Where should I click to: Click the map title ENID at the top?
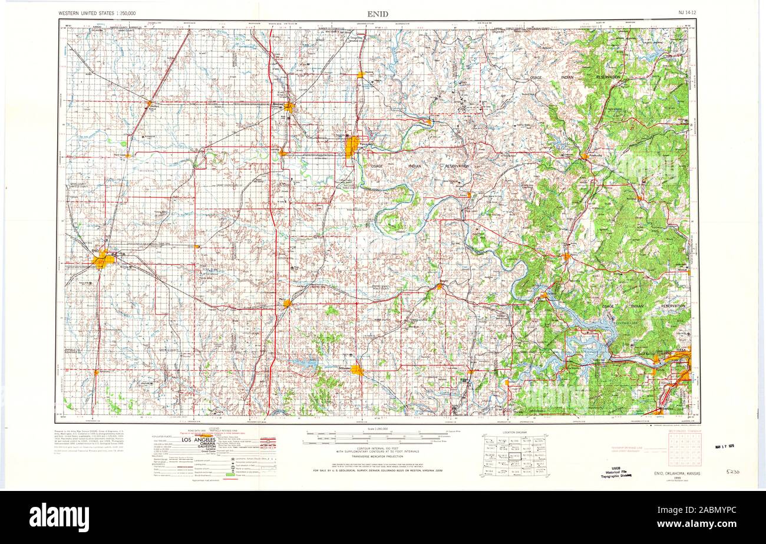pyautogui.click(x=377, y=13)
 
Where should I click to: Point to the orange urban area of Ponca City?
pyautogui.click(x=351, y=146)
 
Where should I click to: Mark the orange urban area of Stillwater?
pyautogui.click(x=357, y=370)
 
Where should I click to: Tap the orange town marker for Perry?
pyautogui.click(x=287, y=302)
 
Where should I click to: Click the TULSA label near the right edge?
pyautogui.click(x=682, y=350)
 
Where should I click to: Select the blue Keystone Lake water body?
pyautogui.click(x=589, y=336)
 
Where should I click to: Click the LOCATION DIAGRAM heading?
pyautogui.click(x=514, y=433)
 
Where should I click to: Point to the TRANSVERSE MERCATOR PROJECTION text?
pyautogui.click(x=378, y=457)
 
